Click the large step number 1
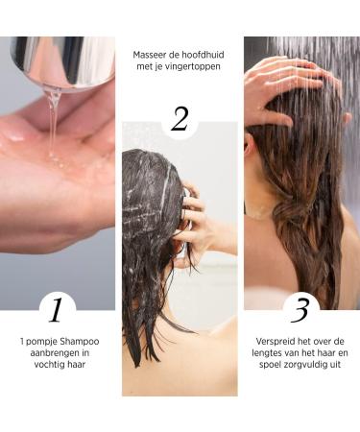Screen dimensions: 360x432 click(56, 310)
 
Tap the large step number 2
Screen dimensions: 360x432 click(180, 119)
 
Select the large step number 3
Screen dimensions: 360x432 click(300, 310)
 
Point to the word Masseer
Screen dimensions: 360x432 click(148, 55)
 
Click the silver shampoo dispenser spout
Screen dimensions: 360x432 click(63, 61)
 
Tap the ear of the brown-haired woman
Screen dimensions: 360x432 click(251, 144)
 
